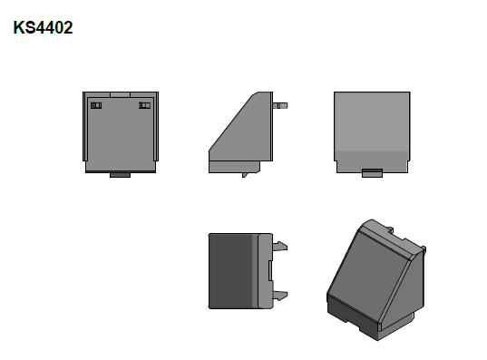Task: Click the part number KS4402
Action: coord(44,28)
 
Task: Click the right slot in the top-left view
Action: coord(144,106)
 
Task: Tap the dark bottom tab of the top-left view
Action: coord(121,175)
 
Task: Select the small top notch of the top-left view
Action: coord(122,92)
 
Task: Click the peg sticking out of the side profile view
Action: coord(281,104)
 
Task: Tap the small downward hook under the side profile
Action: coord(244,174)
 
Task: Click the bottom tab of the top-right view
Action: coord(371,173)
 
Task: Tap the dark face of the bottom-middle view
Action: coord(227,270)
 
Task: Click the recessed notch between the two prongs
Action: coord(273,269)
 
